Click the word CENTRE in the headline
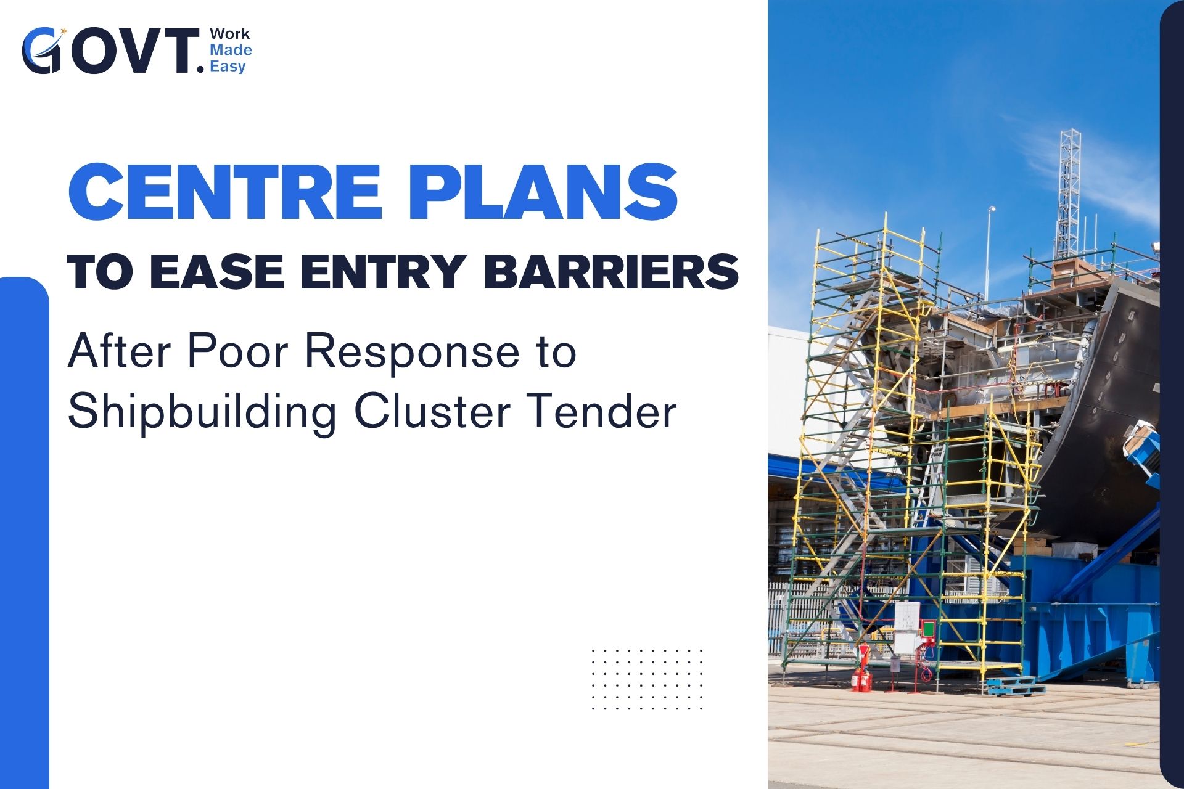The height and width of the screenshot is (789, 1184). [x=225, y=192]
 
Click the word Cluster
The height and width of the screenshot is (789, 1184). [x=431, y=411]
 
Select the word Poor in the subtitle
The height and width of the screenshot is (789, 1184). [x=237, y=352]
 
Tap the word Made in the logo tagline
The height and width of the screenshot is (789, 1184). [x=231, y=50]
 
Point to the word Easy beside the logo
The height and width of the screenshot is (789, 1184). [x=228, y=67]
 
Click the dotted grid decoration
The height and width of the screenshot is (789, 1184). [x=647, y=679]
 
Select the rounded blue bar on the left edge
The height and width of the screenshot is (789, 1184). [x=25, y=533]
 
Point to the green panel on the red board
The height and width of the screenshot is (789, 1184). [x=927, y=629]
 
